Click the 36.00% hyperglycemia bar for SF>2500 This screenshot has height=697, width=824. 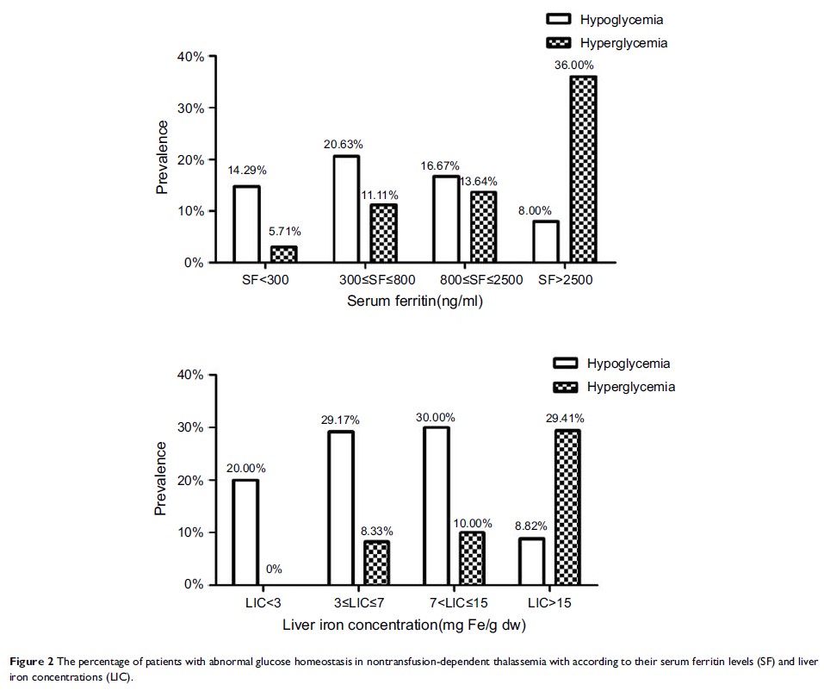tap(583, 169)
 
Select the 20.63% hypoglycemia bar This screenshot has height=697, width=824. tap(345, 208)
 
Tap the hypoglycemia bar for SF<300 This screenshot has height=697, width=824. tap(246, 224)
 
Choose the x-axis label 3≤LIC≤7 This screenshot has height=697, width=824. tap(358, 603)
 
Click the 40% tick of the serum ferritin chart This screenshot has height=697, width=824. tap(190, 57)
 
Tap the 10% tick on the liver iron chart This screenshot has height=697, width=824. tap(190, 532)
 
